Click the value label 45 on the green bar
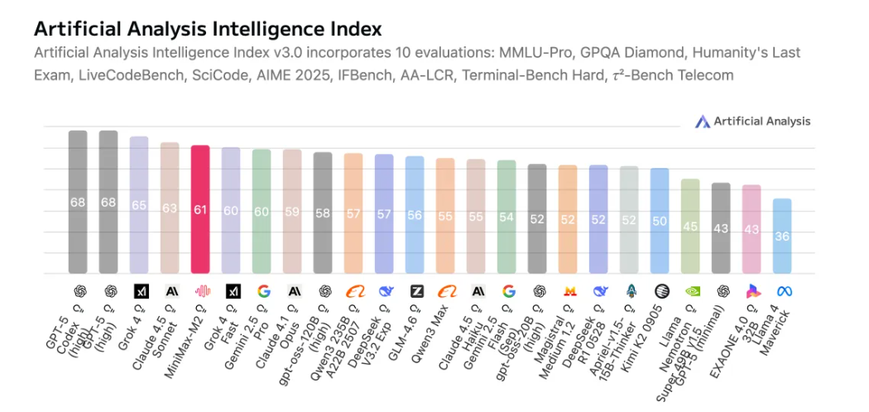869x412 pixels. pos(690,227)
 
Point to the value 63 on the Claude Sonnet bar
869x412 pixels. pos(170,208)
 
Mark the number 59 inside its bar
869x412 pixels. pos(292,211)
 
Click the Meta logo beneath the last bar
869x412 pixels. pos(782,291)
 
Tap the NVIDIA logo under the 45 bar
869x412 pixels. pos(690,291)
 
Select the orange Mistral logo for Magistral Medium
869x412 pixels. pos(569,291)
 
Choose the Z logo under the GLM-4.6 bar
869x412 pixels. pos(416,291)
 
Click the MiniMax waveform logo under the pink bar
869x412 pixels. pos(200,291)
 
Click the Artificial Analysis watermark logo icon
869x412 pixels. pos(703,122)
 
